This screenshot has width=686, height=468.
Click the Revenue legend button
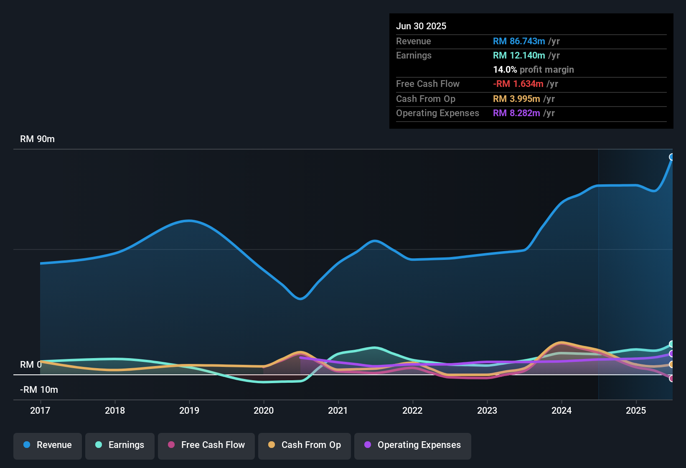pyautogui.click(x=48, y=445)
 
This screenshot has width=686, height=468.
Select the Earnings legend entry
pyautogui.click(x=119, y=445)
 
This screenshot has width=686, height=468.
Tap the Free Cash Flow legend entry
pyautogui.click(x=206, y=445)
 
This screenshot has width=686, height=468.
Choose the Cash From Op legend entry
pyautogui.click(x=304, y=445)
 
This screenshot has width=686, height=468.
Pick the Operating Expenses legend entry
pyautogui.click(x=412, y=445)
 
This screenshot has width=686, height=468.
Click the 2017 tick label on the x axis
pyautogui.click(x=40, y=411)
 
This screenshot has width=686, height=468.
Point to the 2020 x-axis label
pyautogui.click(x=264, y=411)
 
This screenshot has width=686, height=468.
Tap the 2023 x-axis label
pyautogui.click(x=487, y=411)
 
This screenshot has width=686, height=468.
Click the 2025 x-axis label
pyautogui.click(x=636, y=411)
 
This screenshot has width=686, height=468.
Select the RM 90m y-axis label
pyautogui.click(x=37, y=139)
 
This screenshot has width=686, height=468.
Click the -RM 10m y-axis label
pyautogui.click(x=39, y=390)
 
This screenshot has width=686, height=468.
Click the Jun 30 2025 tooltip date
pyautogui.click(x=421, y=26)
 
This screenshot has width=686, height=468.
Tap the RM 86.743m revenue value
pyautogui.click(x=519, y=41)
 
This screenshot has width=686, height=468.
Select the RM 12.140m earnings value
pyautogui.click(x=519, y=56)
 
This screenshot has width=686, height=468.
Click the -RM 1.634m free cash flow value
pyautogui.click(x=518, y=84)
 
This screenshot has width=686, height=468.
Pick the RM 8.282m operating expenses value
pyautogui.click(x=516, y=113)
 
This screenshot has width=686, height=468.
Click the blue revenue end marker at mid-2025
pyautogui.click(x=672, y=157)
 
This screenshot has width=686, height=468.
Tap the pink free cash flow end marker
pyautogui.click(x=672, y=379)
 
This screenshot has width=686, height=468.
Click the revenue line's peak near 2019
pyautogui.click(x=189, y=221)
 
